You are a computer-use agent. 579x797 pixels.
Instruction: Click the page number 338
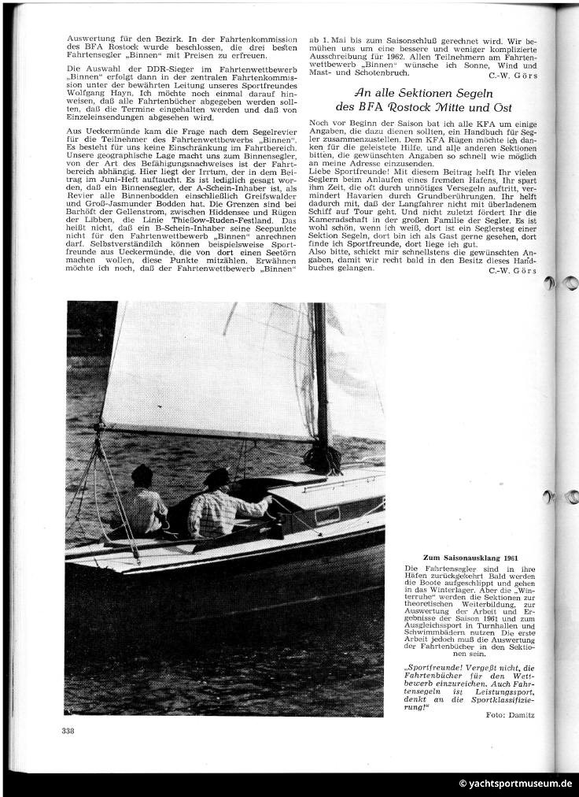[x=68, y=732]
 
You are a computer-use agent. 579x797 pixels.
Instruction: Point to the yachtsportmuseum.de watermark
[x=515, y=784]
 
